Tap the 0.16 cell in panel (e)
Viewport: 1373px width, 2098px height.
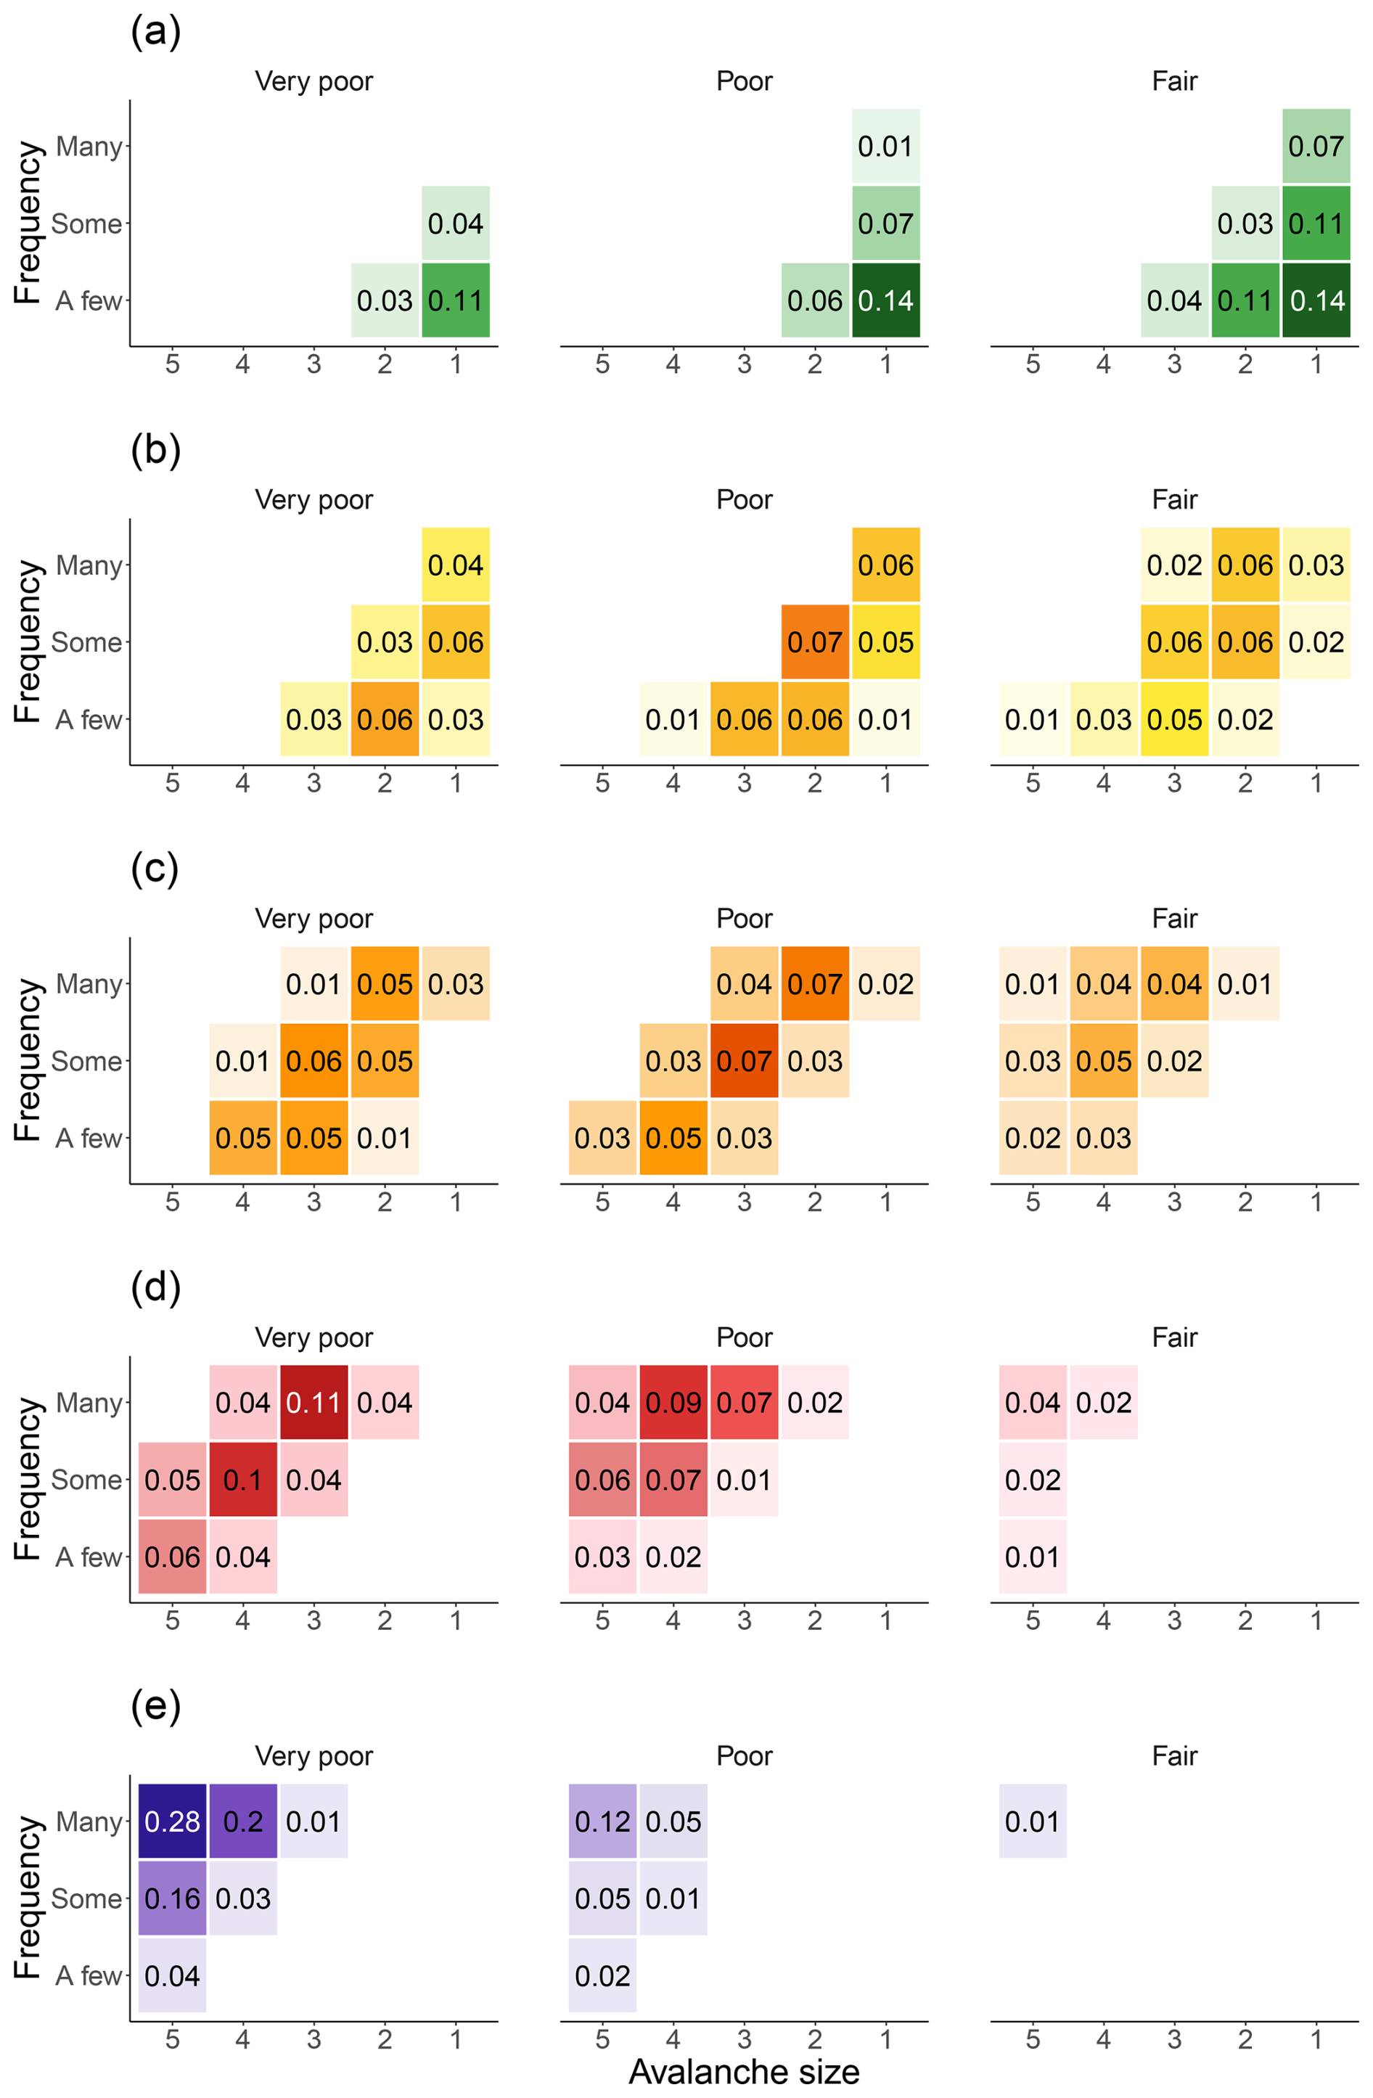coord(172,1898)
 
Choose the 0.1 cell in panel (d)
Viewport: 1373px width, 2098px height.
coord(242,1479)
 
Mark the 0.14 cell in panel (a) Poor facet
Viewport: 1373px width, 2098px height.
coord(885,300)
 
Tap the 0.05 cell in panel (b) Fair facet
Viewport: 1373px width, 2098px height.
coord(1174,719)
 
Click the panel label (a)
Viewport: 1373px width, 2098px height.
coord(155,32)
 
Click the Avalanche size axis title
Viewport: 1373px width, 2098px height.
coord(744,2072)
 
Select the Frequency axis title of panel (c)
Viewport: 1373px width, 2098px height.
coord(28,1060)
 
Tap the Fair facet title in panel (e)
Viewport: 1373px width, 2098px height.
coord(1174,1756)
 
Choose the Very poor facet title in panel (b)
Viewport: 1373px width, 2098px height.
coord(313,500)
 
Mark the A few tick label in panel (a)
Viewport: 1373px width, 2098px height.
coord(88,300)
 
